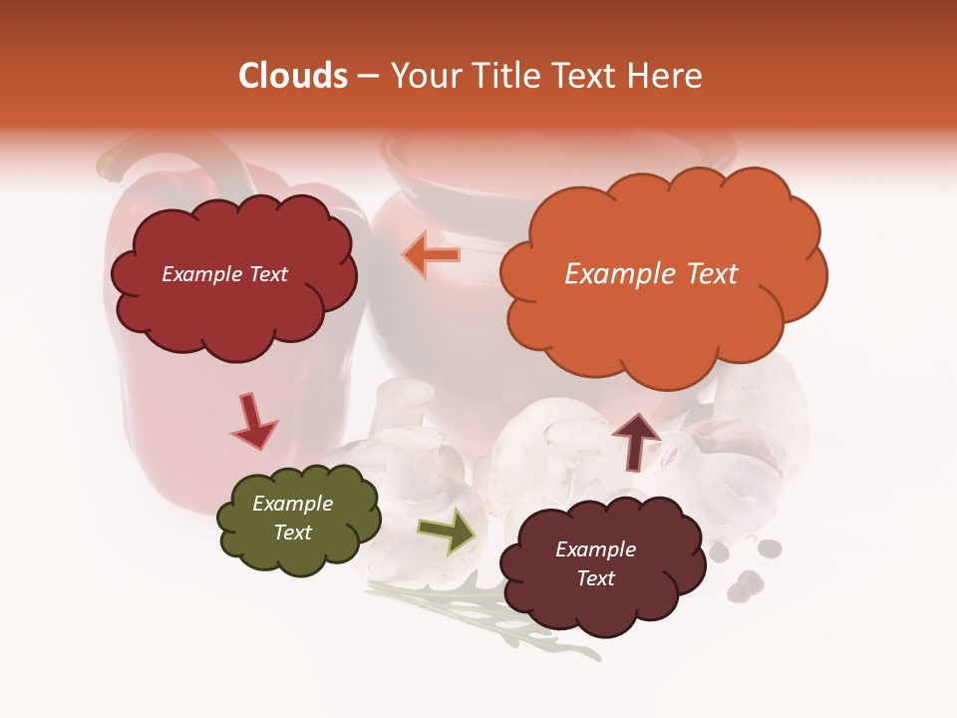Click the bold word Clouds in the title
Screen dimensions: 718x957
click(293, 76)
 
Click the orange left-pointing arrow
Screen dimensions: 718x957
click(432, 254)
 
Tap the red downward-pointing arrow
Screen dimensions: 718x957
click(253, 420)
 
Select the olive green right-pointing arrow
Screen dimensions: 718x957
click(447, 530)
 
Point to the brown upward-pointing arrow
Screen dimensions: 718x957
click(636, 440)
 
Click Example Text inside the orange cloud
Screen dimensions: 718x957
click(651, 274)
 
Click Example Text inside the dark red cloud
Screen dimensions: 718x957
click(224, 274)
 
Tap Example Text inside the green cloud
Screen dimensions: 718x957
click(293, 518)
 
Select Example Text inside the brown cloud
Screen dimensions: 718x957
click(595, 563)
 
